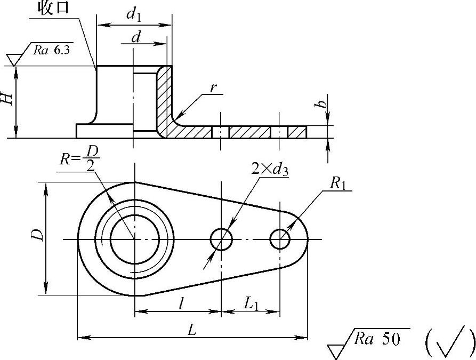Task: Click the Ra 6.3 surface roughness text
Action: coord(52,51)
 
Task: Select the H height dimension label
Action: coord(6,98)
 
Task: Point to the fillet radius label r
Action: coord(213,89)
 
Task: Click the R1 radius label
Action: coord(338,184)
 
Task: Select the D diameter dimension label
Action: coord(36,236)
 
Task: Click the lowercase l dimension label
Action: coord(181,304)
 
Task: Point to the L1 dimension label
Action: coord(251,304)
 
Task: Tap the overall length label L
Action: coord(193,330)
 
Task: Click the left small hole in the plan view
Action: coord(221,239)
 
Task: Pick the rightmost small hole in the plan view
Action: coord(280,239)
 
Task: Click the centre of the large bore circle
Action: coord(134,239)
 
